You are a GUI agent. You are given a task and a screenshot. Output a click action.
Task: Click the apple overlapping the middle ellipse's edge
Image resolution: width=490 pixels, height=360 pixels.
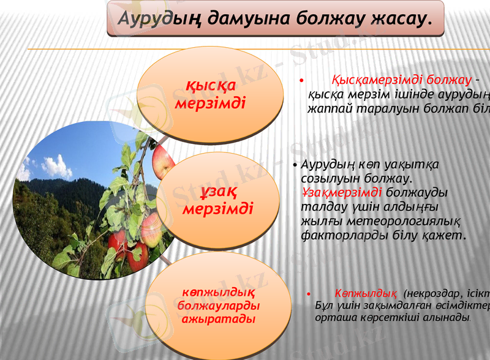163,160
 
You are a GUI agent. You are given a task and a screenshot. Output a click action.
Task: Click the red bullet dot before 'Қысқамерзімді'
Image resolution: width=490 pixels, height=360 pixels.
301,81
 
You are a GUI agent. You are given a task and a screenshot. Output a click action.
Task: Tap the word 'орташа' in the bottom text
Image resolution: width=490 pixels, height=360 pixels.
333,319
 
